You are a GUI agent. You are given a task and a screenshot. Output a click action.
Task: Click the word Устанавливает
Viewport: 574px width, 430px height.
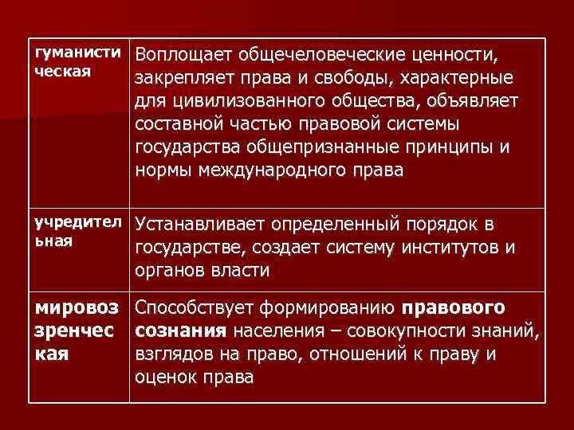tap(191, 225)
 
